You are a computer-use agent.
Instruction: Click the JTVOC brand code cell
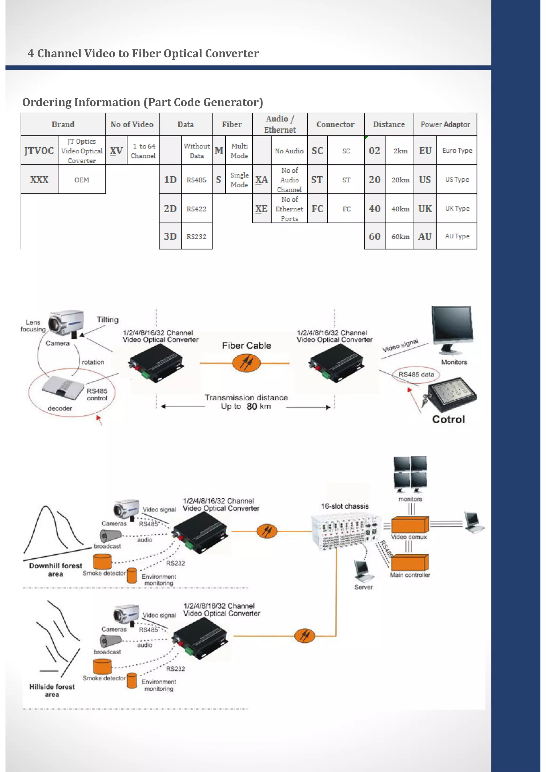[39, 151]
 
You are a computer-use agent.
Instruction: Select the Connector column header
[335, 124]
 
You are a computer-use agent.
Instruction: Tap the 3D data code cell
[170, 236]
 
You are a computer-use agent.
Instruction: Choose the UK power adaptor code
[425, 209]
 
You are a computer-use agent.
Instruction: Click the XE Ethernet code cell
[261, 209]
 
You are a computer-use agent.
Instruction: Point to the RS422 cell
[196, 209]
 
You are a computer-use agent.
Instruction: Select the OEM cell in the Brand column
[82, 180]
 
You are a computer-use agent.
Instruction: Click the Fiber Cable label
[246, 345]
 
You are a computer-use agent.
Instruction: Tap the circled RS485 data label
[416, 374]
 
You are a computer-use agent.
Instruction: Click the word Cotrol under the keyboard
[448, 419]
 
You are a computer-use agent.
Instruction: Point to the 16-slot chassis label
[344, 506]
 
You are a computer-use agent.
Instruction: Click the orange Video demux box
[410, 525]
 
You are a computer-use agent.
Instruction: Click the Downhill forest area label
[55, 570]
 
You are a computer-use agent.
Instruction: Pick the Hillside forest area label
[52, 690]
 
